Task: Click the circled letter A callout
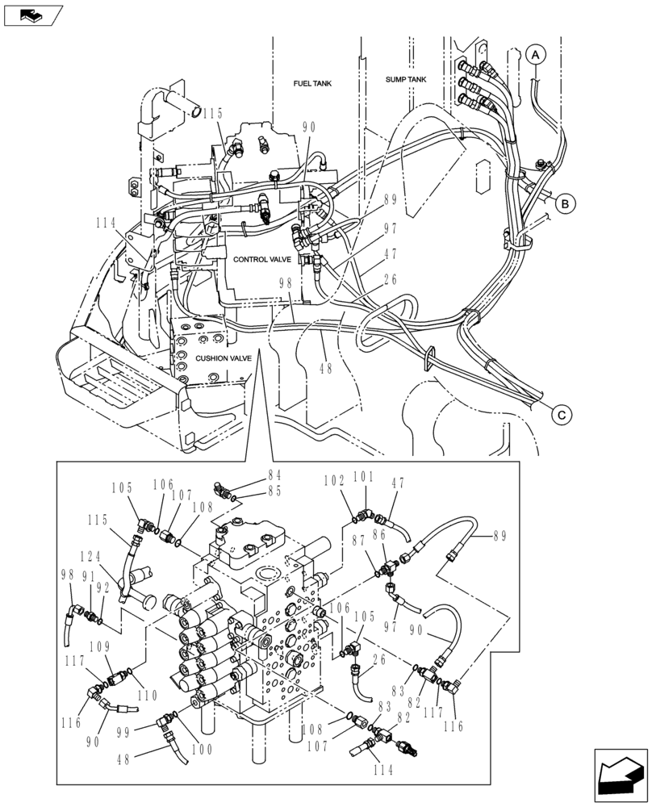point(536,54)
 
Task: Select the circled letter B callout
point(566,204)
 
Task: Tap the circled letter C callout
point(562,415)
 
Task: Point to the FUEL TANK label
point(312,84)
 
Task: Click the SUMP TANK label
point(405,80)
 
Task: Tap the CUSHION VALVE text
point(224,358)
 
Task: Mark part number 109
point(101,646)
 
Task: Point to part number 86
point(388,535)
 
